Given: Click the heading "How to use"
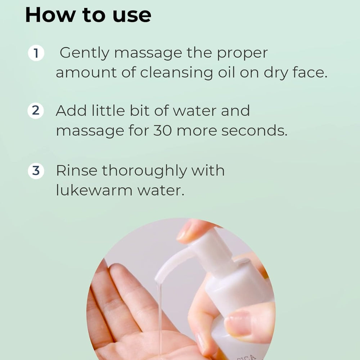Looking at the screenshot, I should [x=88, y=15].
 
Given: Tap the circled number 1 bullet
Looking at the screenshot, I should [x=36, y=53].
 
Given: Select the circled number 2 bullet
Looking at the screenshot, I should [x=36, y=111].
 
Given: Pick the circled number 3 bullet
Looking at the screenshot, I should [x=36, y=171].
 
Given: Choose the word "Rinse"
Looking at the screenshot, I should [x=76, y=171].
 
